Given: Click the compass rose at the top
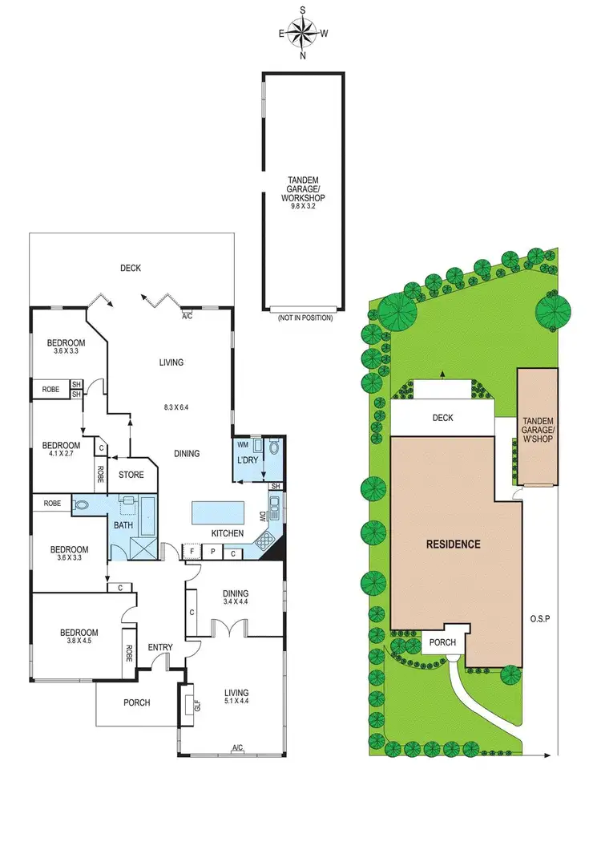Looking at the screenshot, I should (303, 34).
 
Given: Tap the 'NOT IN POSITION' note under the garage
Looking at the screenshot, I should (305, 318).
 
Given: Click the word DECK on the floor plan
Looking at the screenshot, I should (131, 269).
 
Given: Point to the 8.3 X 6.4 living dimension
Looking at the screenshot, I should (172, 407).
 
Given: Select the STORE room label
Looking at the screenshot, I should (131, 475).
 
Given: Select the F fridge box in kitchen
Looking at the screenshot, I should (192, 552).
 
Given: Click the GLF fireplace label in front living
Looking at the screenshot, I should (196, 706).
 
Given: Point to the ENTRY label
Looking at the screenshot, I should (160, 648).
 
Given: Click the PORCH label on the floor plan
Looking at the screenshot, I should (137, 702).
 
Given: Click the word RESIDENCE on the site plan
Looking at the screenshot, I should (453, 544).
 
